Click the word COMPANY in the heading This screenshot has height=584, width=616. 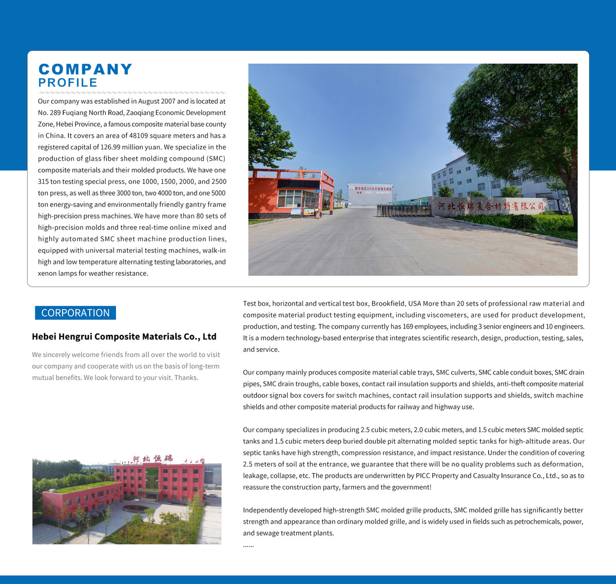pyautogui.click(x=85, y=69)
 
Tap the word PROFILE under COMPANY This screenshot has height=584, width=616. pyautogui.click(x=68, y=83)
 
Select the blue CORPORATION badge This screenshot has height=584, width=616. pyautogui.click(x=75, y=313)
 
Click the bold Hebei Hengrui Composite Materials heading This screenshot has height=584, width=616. pyautogui.click(x=124, y=336)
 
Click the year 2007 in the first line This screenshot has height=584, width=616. pyautogui.click(x=168, y=101)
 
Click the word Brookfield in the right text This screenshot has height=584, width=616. pyautogui.click(x=388, y=304)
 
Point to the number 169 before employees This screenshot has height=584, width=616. pyautogui.click(x=408, y=326)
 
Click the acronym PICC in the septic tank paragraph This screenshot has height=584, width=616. pyautogui.click(x=423, y=476)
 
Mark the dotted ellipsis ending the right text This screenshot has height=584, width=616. pyautogui.click(x=248, y=545)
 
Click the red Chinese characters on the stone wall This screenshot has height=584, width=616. pyautogui.click(x=490, y=206)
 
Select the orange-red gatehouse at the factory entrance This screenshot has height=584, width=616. pyautogui.click(x=290, y=195)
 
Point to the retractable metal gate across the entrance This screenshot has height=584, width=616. pyautogui.click(x=403, y=210)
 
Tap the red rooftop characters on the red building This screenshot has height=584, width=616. pyautogui.click(x=153, y=458)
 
